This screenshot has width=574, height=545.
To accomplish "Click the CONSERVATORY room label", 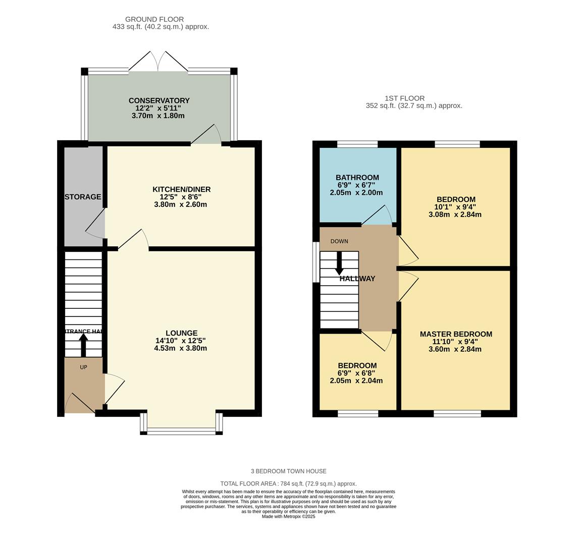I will pyautogui.click(x=159, y=100).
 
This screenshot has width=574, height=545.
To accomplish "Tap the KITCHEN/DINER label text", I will pyautogui.click(x=181, y=189).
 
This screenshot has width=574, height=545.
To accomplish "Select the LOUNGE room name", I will pyautogui.click(x=181, y=333).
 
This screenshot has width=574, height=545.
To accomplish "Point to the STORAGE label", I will pyautogui.click(x=83, y=197).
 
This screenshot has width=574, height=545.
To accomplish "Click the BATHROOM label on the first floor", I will pyautogui.click(x=357, y=178).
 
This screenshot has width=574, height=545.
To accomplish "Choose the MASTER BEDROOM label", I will pyautogui.click(x=455, y=334).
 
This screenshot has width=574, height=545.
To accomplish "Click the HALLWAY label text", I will pyautogui.click(x=357, y=279).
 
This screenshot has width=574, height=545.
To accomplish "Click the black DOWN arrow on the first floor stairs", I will pyautogui.click(x=339, y=263).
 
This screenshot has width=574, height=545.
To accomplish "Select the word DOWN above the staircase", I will pyautogui.click(x=339, y=241).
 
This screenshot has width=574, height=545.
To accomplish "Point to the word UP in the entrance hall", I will pyautogui.click(x=83, y=367).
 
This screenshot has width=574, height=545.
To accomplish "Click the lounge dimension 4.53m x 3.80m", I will pyautogui.click(x=180, y=348).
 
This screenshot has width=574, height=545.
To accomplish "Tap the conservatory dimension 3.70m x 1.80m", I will pyautogui.click(x=158, y=116).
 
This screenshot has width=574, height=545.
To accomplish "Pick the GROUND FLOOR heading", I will pyautogui.click(x=154, y=19).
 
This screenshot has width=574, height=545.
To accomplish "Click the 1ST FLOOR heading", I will pyautogui.click(x=404, y=98).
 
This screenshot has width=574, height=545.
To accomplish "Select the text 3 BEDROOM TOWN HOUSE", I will pyautogui.click(x=288, y=471).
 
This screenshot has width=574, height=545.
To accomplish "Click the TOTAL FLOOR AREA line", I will pyautogui.click(x=288, y=483).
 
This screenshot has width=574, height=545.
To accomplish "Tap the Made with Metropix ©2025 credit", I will pyautogui.click(x=288, y=516).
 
